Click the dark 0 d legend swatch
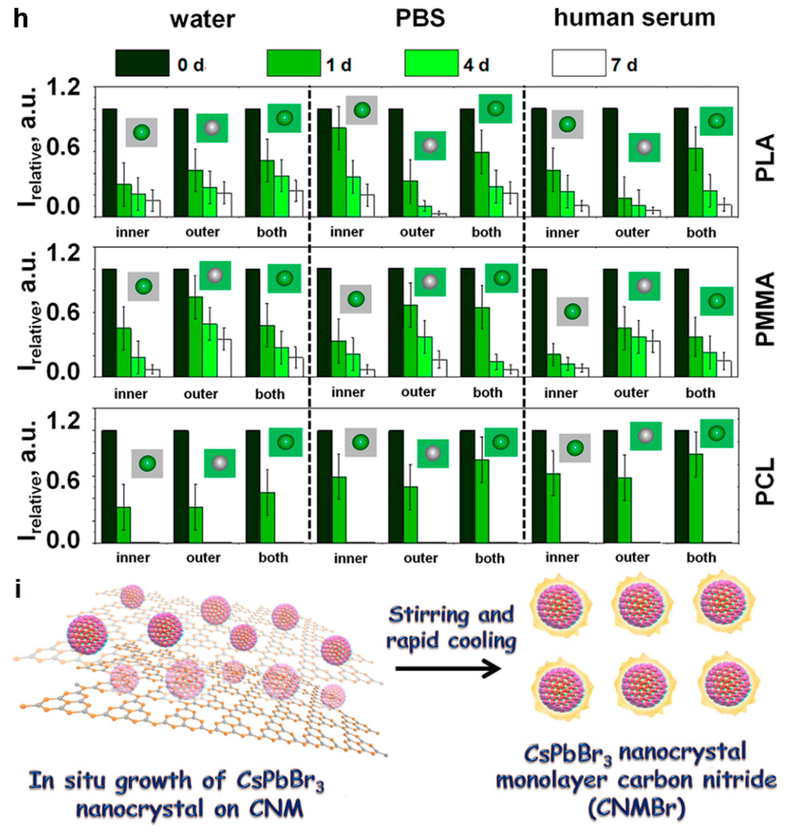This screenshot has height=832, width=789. coord(142,63)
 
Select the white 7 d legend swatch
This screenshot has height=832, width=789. coord(579,63)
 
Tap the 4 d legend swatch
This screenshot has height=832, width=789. coord(431,63)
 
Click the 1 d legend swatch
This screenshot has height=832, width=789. coord(294,63)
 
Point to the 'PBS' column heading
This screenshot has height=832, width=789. coord(420,19)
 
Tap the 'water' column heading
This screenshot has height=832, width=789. coord(202,20)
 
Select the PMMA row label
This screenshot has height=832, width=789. coord(765,309)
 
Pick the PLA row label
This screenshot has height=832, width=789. coord(765,158)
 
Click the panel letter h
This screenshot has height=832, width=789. coord(20,20)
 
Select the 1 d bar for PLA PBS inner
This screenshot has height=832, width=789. coord(339,173)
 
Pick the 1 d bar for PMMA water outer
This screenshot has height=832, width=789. coord(196,337)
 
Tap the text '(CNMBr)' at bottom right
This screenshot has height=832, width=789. coord(636,809)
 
